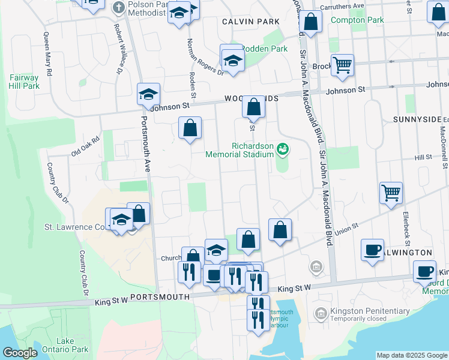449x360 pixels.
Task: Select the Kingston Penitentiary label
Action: (364, 311)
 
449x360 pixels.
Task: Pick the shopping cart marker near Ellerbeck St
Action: (391, 193)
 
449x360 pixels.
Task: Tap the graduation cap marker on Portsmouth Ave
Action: (148, 94)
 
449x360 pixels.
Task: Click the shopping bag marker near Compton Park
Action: (311, 22)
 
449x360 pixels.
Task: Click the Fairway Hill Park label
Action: (24, 82)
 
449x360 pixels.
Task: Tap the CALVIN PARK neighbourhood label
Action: (250, 22)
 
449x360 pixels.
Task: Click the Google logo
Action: (20, 353)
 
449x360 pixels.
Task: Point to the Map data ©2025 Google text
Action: (412, 355)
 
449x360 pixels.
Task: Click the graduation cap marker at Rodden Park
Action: (232, 60)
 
